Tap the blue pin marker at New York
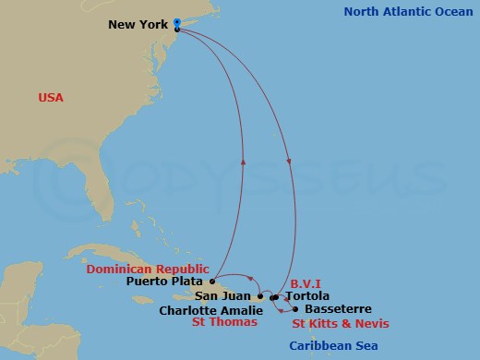coord(176,21)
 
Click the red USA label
coord(51,97)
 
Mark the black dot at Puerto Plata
coord(213,281)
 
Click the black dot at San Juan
coord(259,296)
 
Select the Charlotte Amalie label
coord(210,310)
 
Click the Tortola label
coord(307,296)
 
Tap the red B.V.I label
coord(306,283)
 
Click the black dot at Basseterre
coord(294,308)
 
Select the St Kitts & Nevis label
coord(341,323)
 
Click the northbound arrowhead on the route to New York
coord(244,161)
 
